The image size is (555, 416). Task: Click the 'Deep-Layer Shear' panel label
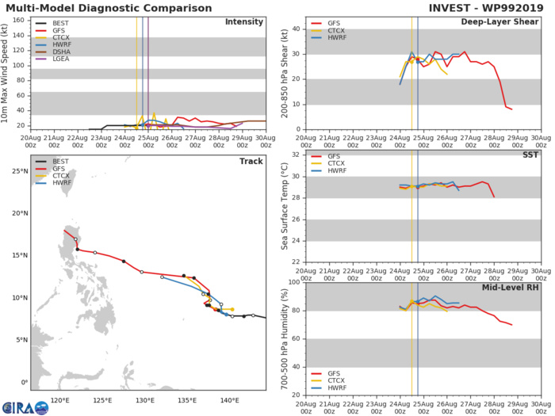[x=496, y=21]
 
